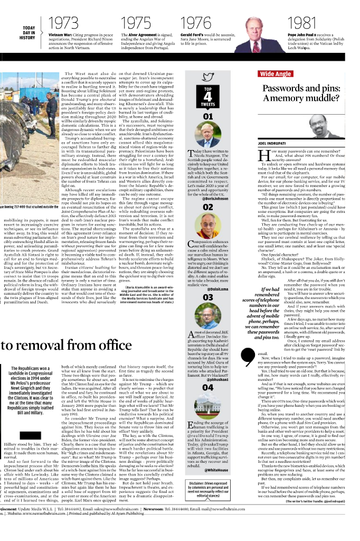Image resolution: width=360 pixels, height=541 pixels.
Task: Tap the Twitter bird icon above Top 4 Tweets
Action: click(x=208, y=77)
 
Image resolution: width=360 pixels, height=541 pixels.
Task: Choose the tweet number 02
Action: click(x=208, y=208)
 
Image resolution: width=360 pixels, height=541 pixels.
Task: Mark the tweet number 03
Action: click(x=208, y=297)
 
